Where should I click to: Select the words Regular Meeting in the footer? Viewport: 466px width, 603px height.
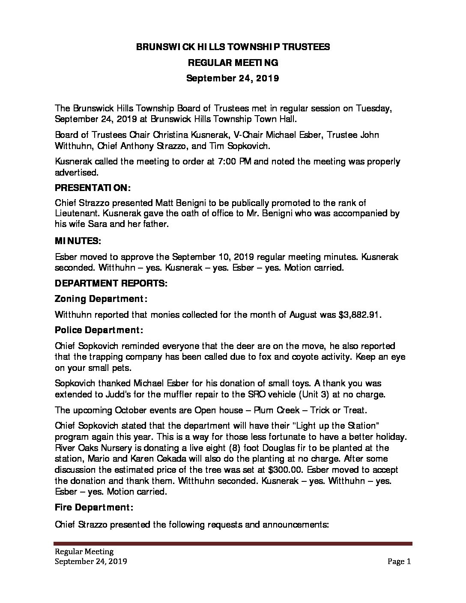pyautogui.click(x=84, y=552)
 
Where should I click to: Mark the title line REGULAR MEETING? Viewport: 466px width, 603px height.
pyautogui.click(x=233, y=63)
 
